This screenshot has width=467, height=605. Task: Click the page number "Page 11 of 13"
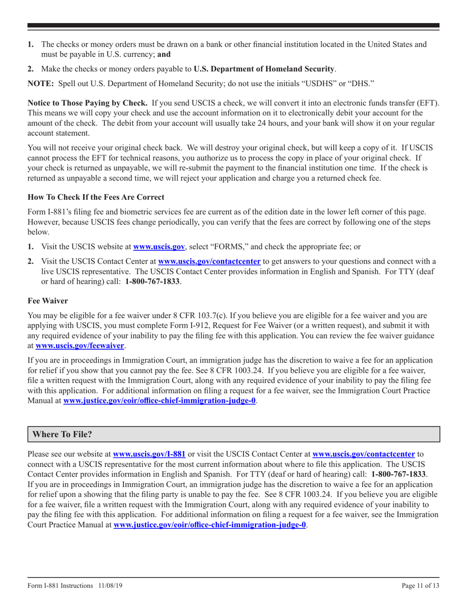[420, 585]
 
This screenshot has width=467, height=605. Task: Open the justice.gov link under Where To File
[210, 525]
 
